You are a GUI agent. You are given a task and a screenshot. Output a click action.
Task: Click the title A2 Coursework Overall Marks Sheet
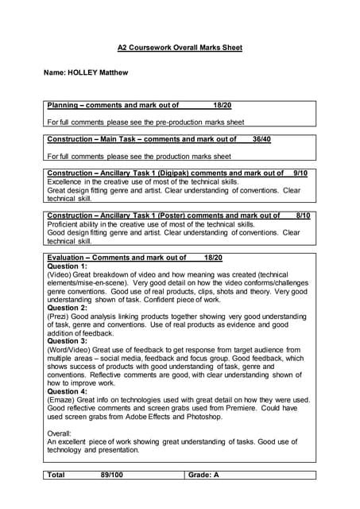pos(180,48)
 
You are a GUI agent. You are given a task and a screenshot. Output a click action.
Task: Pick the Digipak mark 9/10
pos(300,173)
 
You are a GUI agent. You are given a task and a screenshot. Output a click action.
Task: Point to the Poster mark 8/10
pos(303,215)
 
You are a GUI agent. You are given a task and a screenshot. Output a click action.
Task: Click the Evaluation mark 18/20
pos(213,258)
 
